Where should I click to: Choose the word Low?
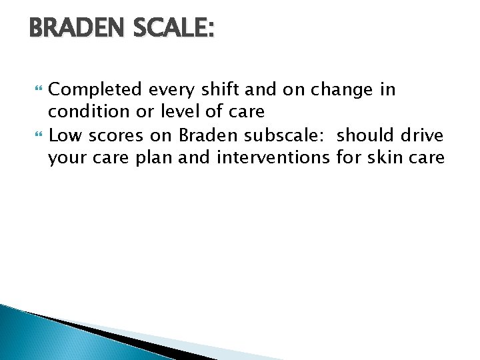point(65,136)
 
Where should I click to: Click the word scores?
point(113,136)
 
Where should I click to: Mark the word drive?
point(423,136)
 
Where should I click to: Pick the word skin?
point(393,157)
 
